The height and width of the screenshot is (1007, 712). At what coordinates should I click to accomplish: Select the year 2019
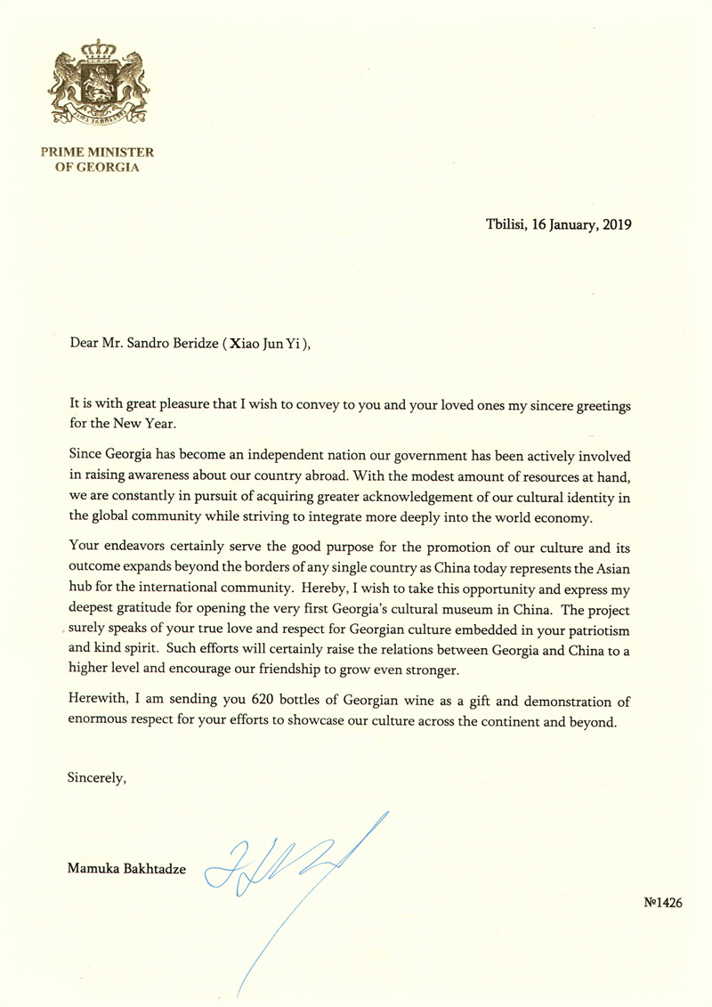613,225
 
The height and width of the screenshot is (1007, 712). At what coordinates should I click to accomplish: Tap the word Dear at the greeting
83,346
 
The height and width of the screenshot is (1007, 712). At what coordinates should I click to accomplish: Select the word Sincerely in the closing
97,777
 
